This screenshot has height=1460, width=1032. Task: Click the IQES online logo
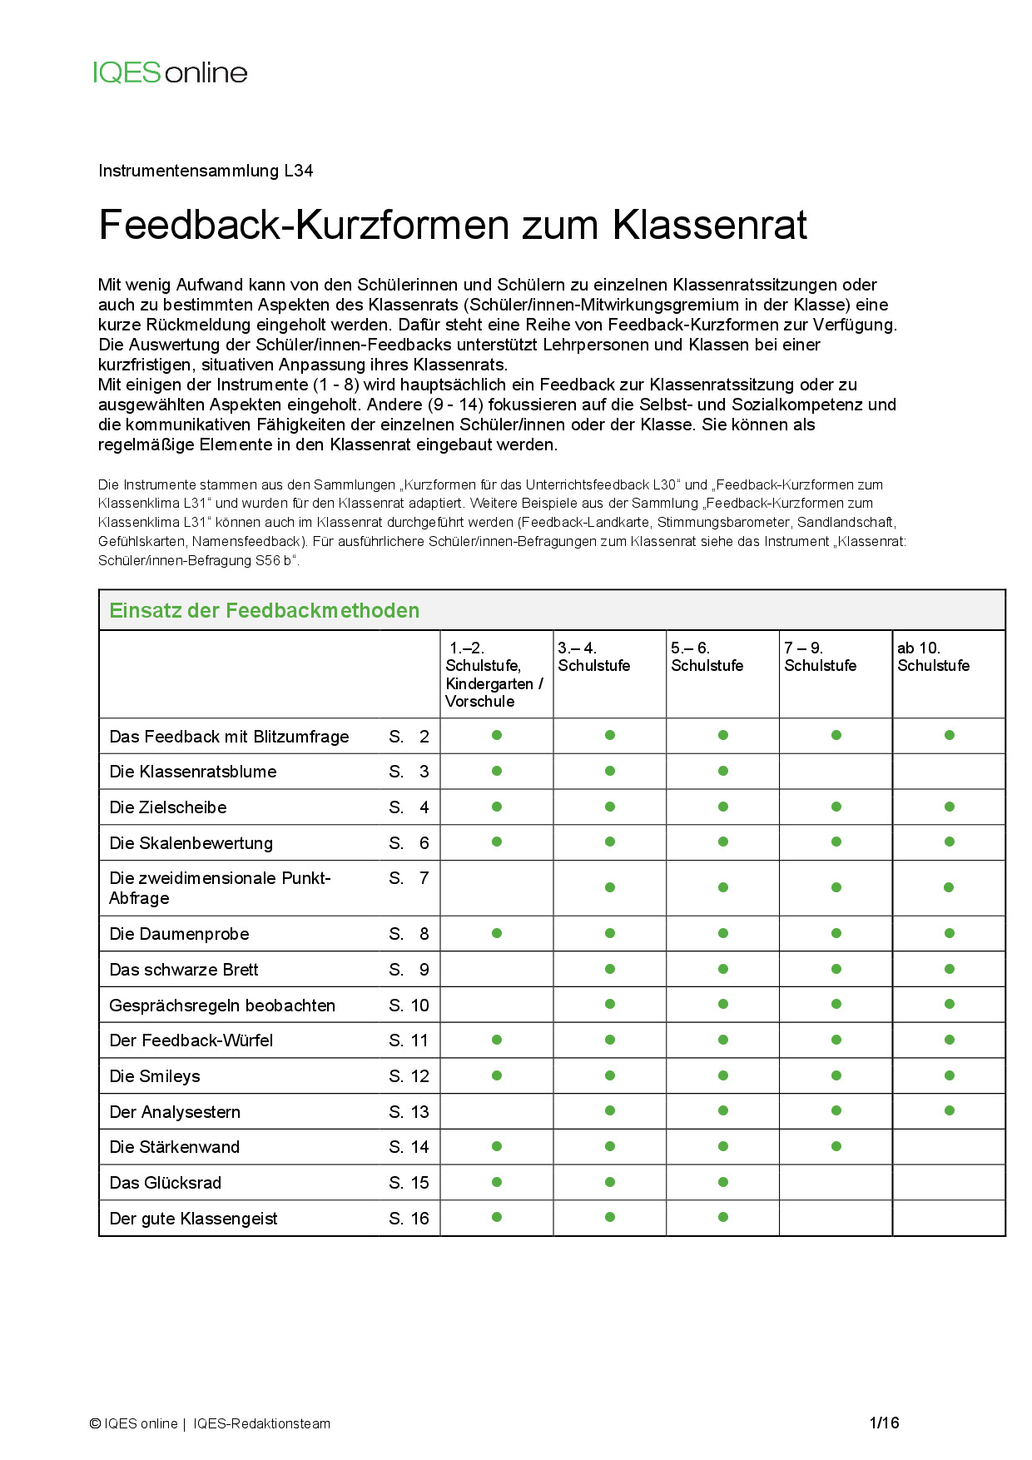pos(170,72)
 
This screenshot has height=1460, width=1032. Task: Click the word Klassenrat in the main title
pos(710,225)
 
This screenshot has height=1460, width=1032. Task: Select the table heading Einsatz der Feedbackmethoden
pos(264,610)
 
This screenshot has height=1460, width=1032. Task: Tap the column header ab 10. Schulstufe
pos(933,657)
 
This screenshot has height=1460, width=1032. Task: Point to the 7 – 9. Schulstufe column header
pos(820,657)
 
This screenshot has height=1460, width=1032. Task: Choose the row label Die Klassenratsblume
pos(193,772)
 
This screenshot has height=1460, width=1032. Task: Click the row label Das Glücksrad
pos(166,1183)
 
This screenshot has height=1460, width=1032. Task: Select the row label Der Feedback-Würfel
pos(191,1040)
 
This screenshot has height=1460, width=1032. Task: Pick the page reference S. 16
pos(409,1219)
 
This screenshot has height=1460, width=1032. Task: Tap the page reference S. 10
pos(409,1006)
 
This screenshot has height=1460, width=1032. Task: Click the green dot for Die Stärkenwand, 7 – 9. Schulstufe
pos(836,1146)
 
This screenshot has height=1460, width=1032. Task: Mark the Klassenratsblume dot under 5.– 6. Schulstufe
pos(723,771)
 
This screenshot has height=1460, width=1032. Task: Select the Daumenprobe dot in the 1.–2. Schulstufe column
pos(497,933)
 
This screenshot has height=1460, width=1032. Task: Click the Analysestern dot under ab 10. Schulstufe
pos(950,1110)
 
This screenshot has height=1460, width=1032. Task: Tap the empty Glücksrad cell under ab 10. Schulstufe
pos(949,1182)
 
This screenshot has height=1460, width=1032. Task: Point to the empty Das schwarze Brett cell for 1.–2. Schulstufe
pos(497,969)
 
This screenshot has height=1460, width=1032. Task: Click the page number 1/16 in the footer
pos(884,1423)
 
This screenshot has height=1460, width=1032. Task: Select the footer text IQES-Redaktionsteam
pos(261,1423)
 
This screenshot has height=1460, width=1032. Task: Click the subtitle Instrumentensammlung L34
pos(206,171)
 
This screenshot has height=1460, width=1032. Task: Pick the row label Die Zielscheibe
pos(168,807)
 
